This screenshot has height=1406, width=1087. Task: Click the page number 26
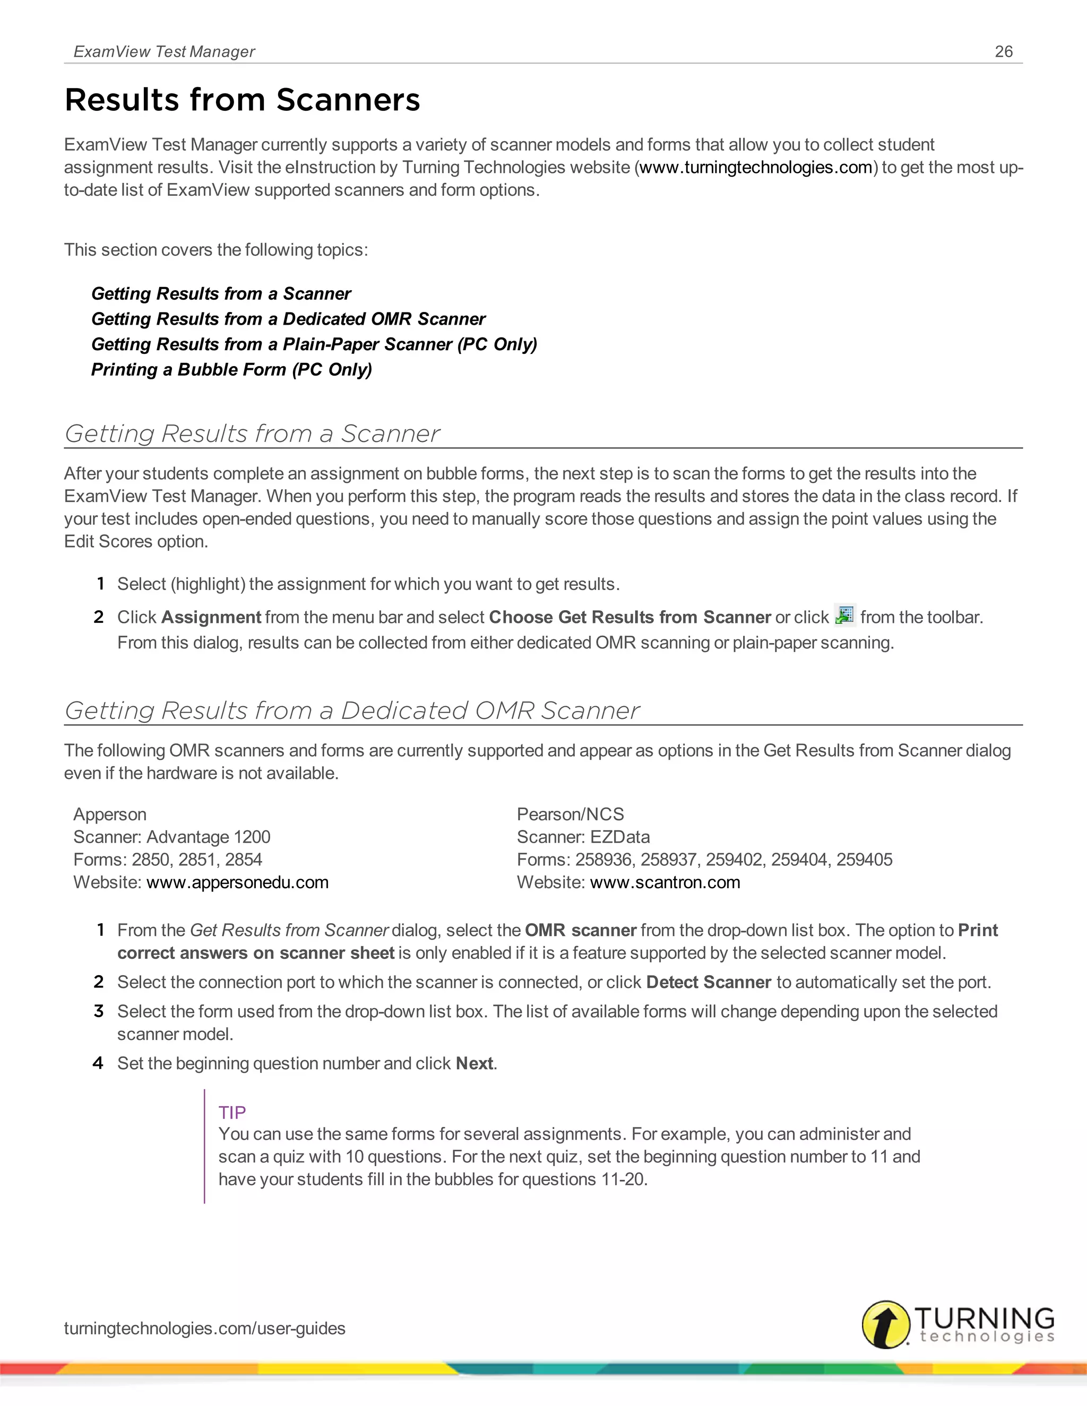tap(1003, 51)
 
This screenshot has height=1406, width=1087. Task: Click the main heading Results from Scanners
tap(242, 100)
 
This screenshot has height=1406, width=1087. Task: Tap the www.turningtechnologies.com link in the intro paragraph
tap(756, 167)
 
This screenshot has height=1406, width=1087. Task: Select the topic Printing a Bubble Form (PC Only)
tap(232, 369)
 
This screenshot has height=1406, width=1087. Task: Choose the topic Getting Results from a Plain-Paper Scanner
tap(314, 344)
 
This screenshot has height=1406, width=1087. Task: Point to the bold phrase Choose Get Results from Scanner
tap(630, 618)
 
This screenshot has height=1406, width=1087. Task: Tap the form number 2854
tap(244, 860)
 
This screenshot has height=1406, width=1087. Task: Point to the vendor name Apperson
tap(110, 814)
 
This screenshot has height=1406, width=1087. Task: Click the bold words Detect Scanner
tap(709, 983)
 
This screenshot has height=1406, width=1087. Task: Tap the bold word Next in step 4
tap(475, 1063)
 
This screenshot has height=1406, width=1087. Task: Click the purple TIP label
tap(232, 1113)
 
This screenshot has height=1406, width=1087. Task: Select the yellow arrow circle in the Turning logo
tap(885, 1324)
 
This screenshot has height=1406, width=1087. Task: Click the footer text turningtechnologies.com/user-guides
tap(205, 1328)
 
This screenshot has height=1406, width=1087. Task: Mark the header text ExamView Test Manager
tap(164, 51)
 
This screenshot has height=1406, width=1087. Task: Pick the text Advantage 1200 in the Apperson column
tap(209, 837)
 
